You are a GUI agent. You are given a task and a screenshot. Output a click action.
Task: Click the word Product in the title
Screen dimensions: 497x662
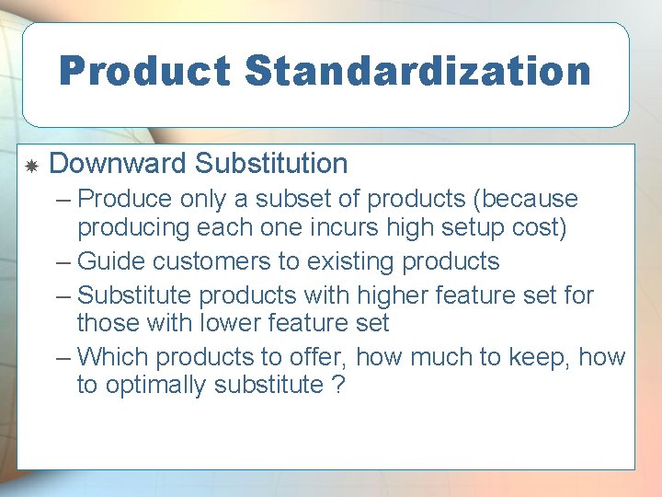coord(143,71)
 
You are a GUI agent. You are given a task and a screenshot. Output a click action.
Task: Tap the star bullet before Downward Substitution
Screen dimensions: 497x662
coord(30,167)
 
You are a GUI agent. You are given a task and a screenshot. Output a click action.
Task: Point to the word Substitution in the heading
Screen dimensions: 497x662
coord(271,164)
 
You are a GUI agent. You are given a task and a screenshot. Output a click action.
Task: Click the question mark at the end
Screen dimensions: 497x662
coord(337,385)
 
